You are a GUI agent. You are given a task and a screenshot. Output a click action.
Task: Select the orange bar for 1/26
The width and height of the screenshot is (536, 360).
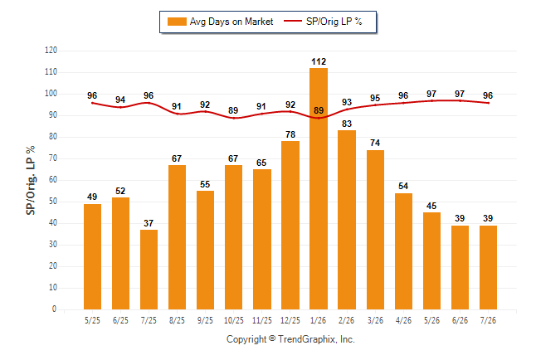[x=319, y=188]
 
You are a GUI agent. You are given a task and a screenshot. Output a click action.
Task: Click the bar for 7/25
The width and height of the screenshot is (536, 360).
[x=149, y=270]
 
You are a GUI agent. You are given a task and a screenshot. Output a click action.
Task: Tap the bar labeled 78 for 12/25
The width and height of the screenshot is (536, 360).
[x=290, y=225]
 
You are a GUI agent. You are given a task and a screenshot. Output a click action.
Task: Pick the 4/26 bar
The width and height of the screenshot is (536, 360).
[x=403, y=251]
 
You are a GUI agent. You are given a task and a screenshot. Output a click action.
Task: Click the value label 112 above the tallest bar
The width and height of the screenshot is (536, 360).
[x=319, y=61]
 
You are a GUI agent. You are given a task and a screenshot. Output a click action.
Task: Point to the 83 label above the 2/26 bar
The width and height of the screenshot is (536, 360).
[x=347, y=124]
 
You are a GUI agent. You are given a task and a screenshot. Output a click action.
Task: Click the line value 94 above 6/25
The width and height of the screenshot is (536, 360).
[x=120, y=100]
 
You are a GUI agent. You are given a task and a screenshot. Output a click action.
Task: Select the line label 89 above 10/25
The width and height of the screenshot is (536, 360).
[x=233, y=110]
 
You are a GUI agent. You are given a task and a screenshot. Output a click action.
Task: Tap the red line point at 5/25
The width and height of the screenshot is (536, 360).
[x=92, y=103]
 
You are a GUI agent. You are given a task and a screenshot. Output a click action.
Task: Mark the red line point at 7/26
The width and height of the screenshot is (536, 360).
[x=488, y=103]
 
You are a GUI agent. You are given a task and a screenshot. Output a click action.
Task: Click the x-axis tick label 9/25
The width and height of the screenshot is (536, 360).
[x=205, y=320]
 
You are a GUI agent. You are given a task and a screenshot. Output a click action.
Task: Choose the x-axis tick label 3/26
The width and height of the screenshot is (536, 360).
[x=375, y=320]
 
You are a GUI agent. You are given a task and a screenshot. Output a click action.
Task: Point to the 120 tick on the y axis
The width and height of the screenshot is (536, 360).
[x=51, y=51]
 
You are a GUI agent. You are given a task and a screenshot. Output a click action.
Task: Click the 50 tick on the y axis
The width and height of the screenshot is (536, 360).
[x=53, y=202]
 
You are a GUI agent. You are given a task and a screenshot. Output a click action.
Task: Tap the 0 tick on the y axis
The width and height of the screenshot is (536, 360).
[x=55, y=309]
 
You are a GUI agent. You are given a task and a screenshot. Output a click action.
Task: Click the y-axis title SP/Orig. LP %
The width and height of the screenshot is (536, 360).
[x=31, y=180]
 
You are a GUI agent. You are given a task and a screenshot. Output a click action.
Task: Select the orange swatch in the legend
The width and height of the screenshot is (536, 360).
[x=177, y=22]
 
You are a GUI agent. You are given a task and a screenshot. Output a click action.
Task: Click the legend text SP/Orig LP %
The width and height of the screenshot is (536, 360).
[x=334, y=22]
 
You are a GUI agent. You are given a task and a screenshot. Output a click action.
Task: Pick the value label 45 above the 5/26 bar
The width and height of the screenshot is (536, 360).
[x=431, y=206]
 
